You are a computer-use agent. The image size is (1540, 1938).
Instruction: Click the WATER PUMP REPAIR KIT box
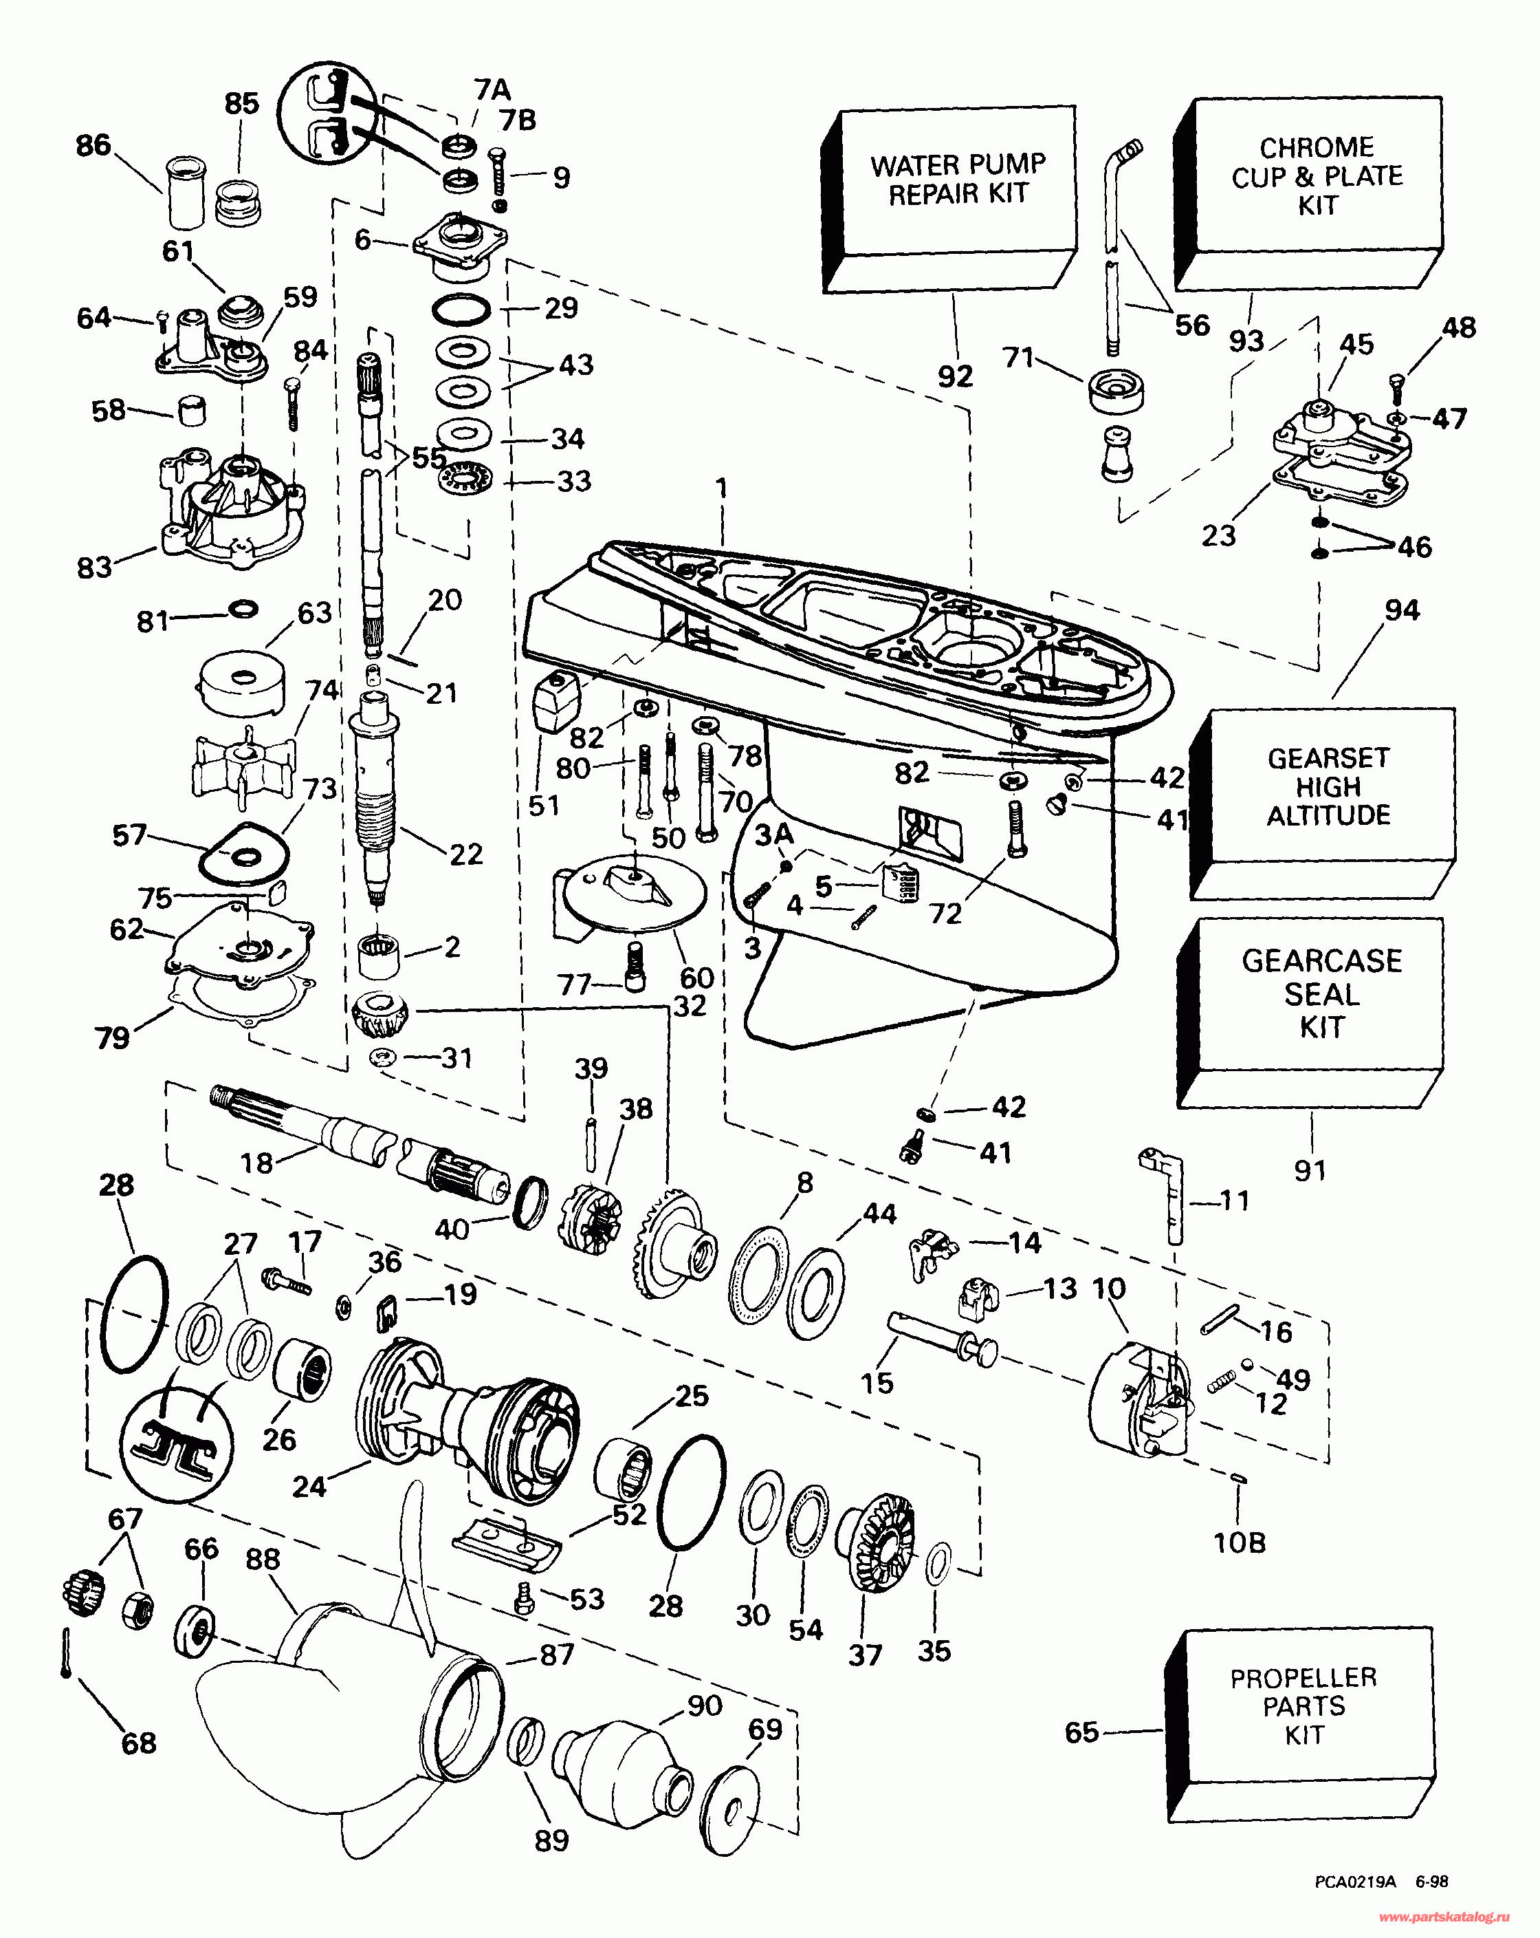[x=958, y=180]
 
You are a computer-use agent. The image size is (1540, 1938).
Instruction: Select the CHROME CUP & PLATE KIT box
[x=1317, y=176]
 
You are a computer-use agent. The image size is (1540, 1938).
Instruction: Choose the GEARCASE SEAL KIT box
[x=1321, y=993]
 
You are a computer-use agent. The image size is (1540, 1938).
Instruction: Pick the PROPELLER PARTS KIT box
[x=1303, y=1705]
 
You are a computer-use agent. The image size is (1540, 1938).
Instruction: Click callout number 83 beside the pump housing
[x=94, y=567]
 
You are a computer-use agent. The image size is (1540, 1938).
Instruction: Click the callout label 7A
[x=492, y=90]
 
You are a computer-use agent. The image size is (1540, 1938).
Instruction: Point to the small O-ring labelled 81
[x=243, y=609]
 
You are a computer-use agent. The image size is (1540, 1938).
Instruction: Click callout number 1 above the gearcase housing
[x=720, y=488]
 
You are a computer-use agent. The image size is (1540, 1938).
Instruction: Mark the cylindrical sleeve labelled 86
[x=187, y=193]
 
